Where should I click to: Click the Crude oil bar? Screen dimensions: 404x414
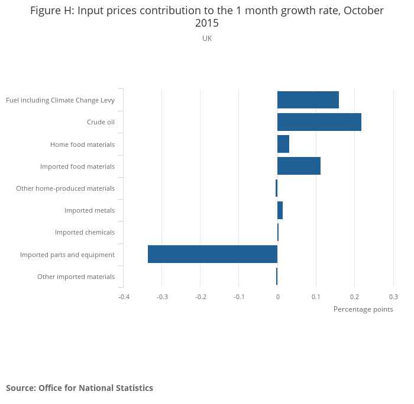(x=319, y=122)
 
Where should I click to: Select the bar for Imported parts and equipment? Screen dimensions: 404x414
(x=212, y=254)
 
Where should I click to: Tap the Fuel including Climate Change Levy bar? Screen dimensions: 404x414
(x=308, y=100)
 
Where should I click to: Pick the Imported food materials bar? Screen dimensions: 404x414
(x=299, y=166)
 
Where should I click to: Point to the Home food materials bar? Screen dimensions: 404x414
(x=283, y=144)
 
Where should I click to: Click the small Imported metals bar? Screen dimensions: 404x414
(x=280, y=210)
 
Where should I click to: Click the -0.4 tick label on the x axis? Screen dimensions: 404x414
(x=123, y=296)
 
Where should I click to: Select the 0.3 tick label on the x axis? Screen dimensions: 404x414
(x=393, y=296)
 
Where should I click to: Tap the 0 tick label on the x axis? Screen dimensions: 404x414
(x=277, y=296)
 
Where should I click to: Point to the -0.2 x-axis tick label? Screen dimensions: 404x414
(x=200, y=296)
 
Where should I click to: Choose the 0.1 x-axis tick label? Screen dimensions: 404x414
(x=316, y=296)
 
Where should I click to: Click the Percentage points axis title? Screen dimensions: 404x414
(x=363, y=309)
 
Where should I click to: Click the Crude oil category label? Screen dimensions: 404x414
(x=101, y=123)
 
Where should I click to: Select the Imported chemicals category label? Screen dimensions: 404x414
(x=85, y=232)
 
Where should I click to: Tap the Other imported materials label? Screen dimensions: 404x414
(x=76, y=277)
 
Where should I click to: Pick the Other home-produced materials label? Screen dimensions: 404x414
(x=65, y=188)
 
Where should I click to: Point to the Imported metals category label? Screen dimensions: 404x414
(x=89, y=210)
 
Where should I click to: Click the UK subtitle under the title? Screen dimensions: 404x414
(x=207, y=39)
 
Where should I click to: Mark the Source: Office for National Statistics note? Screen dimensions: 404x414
(x=79, y=388)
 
